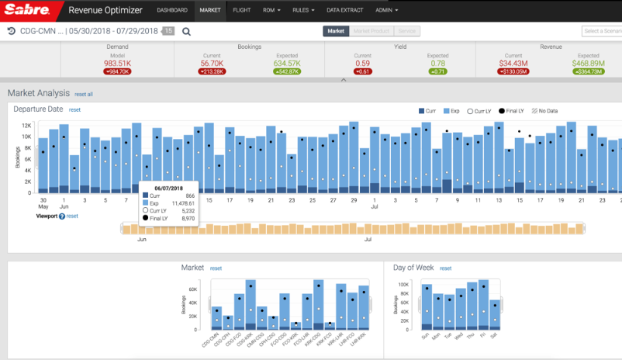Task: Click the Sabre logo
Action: coord(28,11)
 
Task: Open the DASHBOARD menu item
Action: coord(172,11)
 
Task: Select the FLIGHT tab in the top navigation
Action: coord(241,11)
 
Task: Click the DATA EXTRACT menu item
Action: coord(345,11)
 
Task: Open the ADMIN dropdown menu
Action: coord(386,11)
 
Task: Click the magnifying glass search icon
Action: coord(187,32)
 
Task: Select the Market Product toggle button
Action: coord(371,31)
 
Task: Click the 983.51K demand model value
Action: coord(117,63)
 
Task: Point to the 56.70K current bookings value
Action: coord(212,63)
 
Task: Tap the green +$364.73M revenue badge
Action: coord(589,71)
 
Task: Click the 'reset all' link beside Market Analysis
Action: coord(84,94)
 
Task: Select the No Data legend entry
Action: coord(546,111)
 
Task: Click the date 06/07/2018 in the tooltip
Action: coord(168,188)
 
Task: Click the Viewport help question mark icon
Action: coord(62,216)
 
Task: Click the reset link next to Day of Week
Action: coord(444,268)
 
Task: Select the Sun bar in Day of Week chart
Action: coord(426,310)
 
